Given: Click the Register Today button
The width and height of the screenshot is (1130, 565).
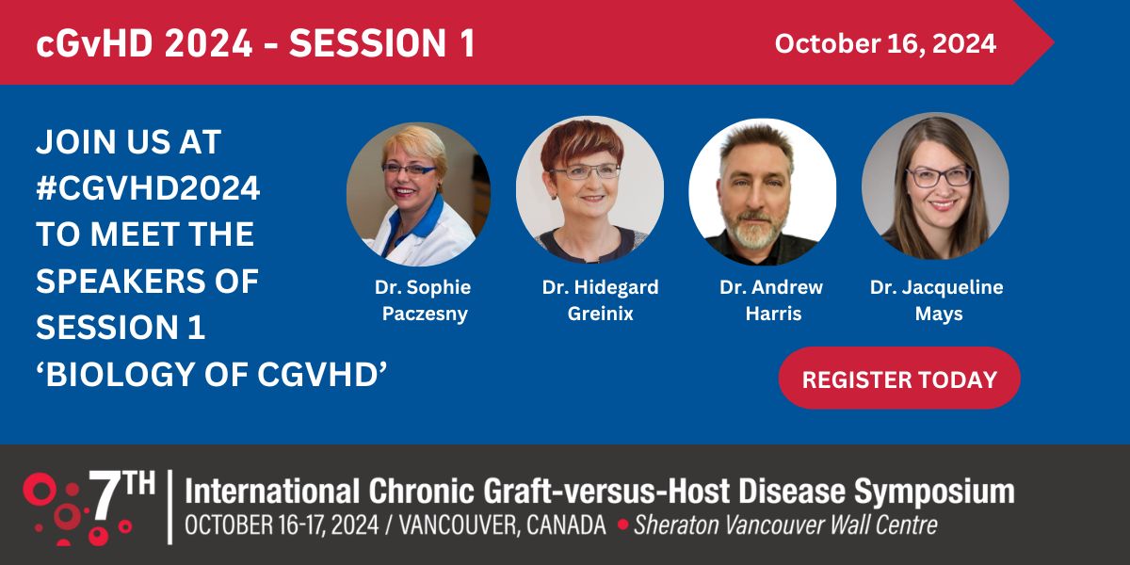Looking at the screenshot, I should [x=899, y=379].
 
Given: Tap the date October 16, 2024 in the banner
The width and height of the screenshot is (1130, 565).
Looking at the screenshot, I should [x=885, y=43].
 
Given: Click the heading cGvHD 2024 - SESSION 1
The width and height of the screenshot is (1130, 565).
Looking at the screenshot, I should [x=255, y=44].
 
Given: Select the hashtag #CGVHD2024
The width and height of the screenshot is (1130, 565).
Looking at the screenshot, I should [x=148, y=188].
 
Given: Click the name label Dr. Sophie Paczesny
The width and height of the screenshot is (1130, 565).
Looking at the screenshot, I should [x=422, y=300].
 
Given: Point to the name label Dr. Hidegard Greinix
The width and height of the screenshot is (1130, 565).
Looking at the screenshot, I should [x=600, y=300].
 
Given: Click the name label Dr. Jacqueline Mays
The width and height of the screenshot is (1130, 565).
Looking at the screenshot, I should [x=936, y=300].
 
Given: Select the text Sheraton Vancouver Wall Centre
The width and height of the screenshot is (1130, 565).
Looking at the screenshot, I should [x=785, y=525].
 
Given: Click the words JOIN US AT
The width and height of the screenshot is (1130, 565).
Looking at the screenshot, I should [x=128, y=142].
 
